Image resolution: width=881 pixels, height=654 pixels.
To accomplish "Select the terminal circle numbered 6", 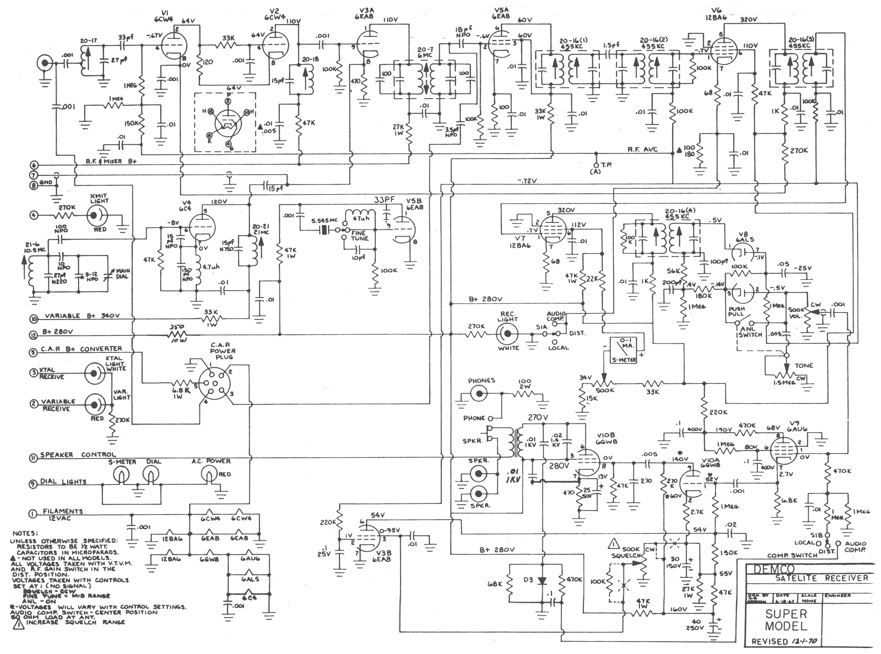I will pyautogui.click(x=34, y=165).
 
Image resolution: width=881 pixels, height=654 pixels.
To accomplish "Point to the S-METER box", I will pyautogui.click(x=623, y=350).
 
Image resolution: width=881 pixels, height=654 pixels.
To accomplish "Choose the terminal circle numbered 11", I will pyautogui.click(x=34, y=458).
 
